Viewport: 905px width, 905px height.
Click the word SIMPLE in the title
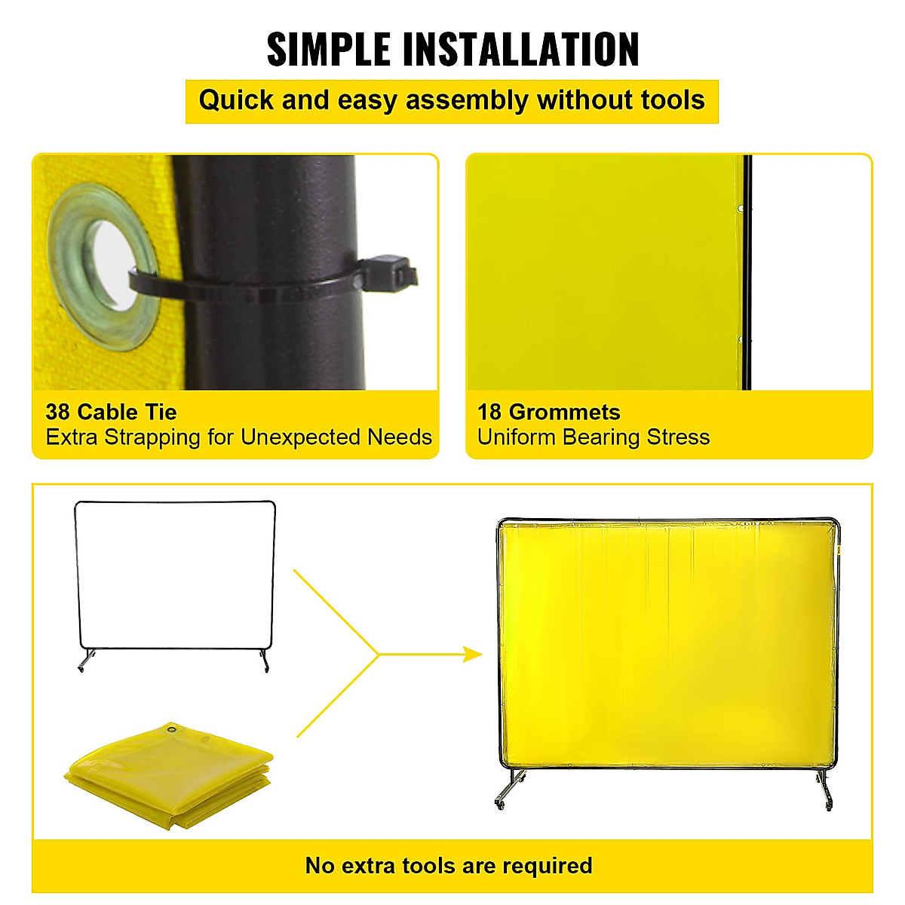[330, 50]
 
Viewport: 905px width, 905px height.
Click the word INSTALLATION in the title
[520, 50]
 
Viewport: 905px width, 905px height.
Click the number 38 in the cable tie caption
[58, 413]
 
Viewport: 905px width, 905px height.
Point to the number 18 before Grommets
[489, 413]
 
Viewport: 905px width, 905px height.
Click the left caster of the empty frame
[81, 665]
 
